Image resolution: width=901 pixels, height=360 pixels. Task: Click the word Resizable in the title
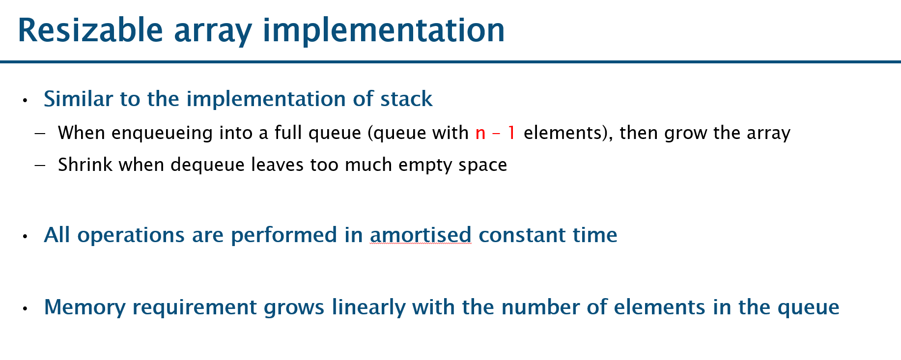click(x=90, y=30)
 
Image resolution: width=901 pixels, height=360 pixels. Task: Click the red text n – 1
click(x=495, y=133)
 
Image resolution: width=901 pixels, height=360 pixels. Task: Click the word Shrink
click(x=85, y=165)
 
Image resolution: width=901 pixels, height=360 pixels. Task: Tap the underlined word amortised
click(x=421, y=235)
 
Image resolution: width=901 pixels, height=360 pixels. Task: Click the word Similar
click(x=79, y=99)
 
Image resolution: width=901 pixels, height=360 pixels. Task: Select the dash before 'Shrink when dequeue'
click(x=40, y=166)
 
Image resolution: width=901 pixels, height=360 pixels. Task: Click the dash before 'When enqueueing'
click(x=40, y=134)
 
